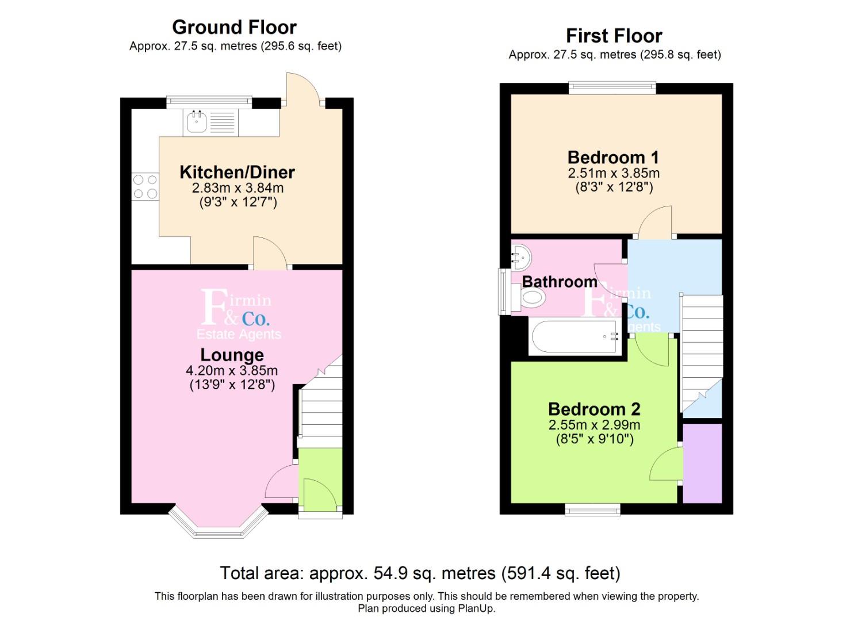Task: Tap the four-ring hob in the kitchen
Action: tap(145, 186)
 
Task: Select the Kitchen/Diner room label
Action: tap(237, 172)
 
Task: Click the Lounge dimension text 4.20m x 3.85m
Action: tap(232, 370)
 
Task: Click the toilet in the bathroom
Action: tap(530, 297)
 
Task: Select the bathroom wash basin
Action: tap(520, 258)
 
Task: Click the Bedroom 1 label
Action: tap(614, 158)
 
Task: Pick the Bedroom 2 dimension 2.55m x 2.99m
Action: tap(595, 425)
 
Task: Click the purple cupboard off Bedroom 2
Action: tap(702, 463)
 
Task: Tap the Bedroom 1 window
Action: tap(612, 87)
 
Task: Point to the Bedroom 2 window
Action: tap(592, 509)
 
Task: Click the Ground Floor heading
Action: tap(235, 28)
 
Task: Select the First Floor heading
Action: tap(614, 36)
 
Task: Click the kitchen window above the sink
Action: tap(209, 102)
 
